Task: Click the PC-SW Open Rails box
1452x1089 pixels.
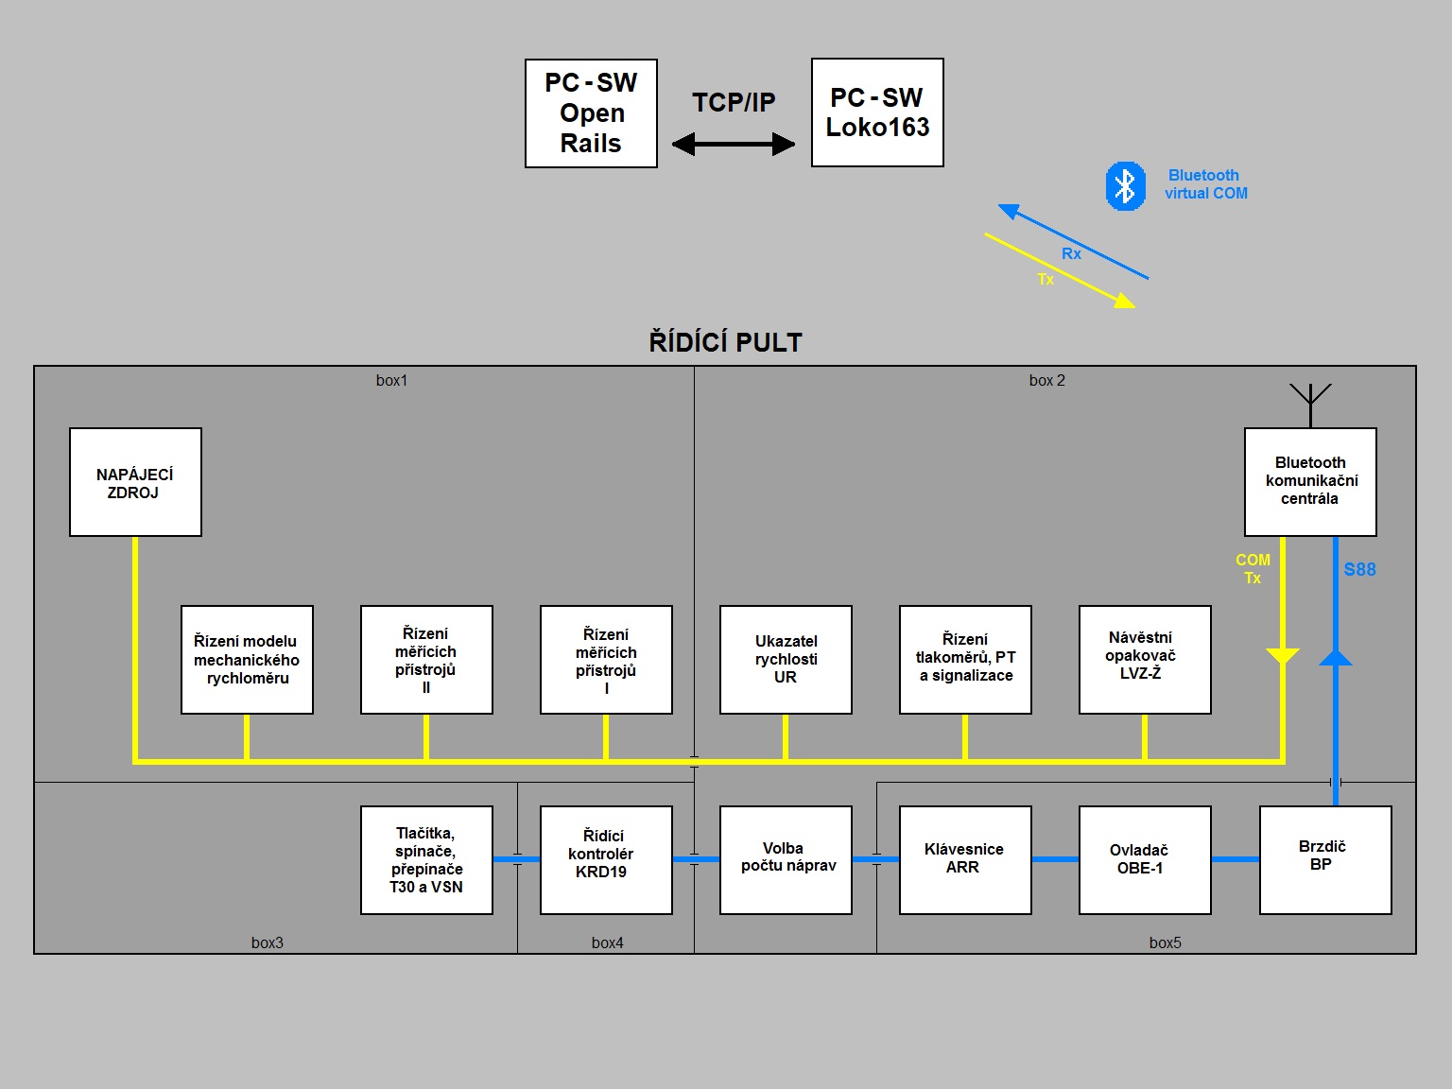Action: (591, 113)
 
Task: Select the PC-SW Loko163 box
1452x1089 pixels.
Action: (877, 112)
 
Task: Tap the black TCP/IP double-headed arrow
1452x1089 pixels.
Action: (734, 144)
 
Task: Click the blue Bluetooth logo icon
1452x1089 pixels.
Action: (1125, 186)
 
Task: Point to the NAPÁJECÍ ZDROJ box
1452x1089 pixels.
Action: (135, 482)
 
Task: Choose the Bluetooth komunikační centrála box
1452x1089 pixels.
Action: (1310, 482)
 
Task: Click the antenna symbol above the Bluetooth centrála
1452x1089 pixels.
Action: (1310, 397)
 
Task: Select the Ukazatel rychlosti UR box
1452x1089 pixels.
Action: (786, 659)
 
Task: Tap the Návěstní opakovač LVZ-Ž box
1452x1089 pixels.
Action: (1145, 659)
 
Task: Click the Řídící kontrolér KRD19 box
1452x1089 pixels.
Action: (606, 859)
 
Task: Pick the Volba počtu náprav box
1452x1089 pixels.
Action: (786, 859)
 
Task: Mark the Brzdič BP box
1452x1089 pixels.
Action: (1325, 859)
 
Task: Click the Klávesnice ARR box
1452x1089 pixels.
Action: (965, 859)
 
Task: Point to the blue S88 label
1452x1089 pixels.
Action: (1359, 569)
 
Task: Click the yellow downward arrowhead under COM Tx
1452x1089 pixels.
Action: (1283, 656)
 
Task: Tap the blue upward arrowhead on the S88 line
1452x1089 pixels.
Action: (1336, 657)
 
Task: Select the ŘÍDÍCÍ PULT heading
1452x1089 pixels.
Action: (725, 342)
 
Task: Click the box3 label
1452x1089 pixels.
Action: (268, 942)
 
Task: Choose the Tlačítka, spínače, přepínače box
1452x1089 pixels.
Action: (426, 859)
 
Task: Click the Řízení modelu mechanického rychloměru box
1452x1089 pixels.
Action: (247, 659)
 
